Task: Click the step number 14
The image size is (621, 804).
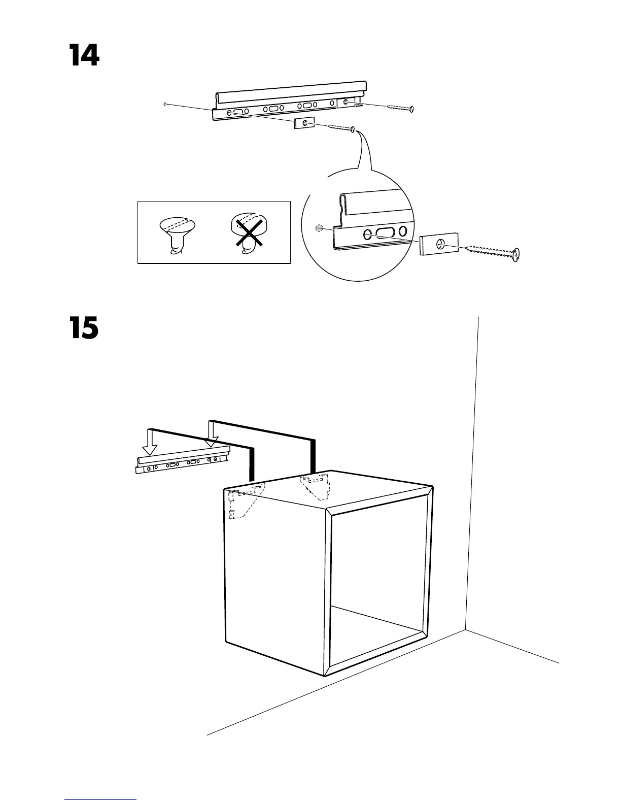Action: [x=84, y=55]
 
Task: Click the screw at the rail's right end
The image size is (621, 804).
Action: [x=400, y=107]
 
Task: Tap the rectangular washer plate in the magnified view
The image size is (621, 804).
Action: [x=439, y=244]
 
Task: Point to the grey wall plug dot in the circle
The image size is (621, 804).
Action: [x=318, y=228]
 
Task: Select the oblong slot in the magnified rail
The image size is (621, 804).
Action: [x=385, y=234]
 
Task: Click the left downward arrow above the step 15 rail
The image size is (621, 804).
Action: [x=150, y=442]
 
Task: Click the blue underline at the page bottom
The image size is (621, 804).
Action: [x=100, y=799]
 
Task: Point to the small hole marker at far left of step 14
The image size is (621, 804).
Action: [x=165, y=104]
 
